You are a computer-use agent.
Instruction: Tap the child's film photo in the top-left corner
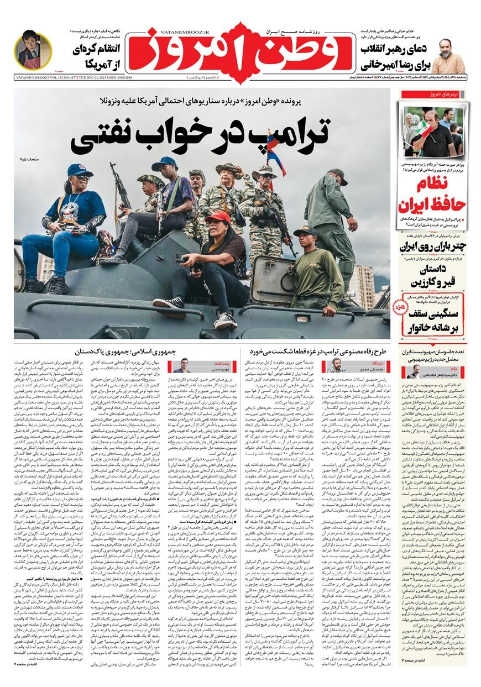[x=33, y=50]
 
